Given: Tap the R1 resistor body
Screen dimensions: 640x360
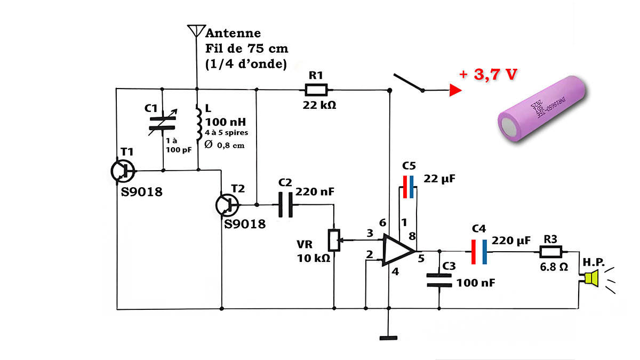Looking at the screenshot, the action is (x=316, y=90).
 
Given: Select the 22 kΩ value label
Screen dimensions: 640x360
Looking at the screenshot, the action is (x=319, y=105).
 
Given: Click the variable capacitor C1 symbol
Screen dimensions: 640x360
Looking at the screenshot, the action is (x=163, y=123).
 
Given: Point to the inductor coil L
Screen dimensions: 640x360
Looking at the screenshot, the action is (x=198, y=123).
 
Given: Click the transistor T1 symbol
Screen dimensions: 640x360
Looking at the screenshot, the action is (x=123, y=171).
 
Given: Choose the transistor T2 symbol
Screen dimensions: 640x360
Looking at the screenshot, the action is (x=227, y=205).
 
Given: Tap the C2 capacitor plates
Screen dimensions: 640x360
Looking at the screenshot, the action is (x=286, y=205).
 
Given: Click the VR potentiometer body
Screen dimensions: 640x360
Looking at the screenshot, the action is (x=334, y=241).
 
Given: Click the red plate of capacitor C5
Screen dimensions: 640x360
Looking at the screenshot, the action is (x=405, y=187).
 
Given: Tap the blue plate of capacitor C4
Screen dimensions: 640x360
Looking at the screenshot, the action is (x=485, y=252).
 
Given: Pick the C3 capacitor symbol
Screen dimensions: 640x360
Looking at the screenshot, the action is (x=439, y=281).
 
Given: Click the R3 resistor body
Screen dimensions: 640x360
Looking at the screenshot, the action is (x=550, y=252).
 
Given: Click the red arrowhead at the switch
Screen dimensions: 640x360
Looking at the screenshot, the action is (x=455, y=90).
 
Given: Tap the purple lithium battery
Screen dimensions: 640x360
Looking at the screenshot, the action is (x=541, y=109).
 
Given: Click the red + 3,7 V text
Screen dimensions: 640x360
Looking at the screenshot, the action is (x=488, y=74).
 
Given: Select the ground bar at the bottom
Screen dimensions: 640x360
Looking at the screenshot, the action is (x=388, y=338).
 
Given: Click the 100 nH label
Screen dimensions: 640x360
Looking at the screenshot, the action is (x=226, y=122).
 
